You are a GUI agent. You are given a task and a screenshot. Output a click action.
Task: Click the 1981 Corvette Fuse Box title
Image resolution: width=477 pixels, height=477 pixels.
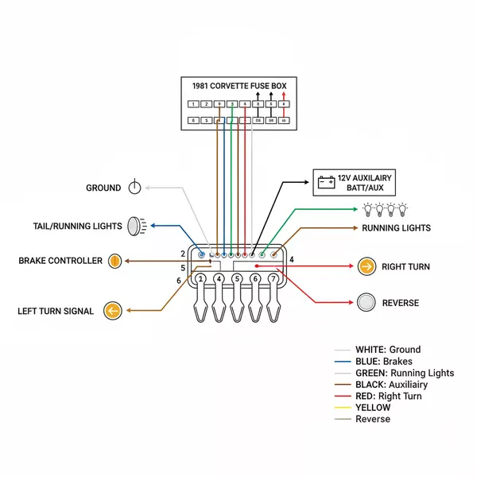(238, 85)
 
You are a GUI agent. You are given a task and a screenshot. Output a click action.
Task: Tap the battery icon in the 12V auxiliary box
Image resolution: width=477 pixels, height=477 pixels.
(326, 182)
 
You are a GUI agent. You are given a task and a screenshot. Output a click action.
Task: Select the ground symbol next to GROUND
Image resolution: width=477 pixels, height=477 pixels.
(135, 188)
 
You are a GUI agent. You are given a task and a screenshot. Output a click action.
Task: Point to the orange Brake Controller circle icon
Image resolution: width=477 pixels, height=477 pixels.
(115, 260)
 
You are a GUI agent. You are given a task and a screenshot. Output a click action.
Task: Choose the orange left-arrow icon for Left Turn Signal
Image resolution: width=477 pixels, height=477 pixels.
(112, 311)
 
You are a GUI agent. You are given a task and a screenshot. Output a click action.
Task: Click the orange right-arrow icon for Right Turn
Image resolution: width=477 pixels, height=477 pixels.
(366, 266)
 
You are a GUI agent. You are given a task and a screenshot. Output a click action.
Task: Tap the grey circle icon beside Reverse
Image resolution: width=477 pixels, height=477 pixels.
(366, 303)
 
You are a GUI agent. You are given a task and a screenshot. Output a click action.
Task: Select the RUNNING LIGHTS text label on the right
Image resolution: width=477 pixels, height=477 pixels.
(396, 228)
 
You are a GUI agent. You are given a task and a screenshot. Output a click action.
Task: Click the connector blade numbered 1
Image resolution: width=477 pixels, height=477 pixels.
(201, 279)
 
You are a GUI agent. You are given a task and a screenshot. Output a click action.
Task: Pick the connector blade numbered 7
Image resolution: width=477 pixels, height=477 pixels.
(274, 279)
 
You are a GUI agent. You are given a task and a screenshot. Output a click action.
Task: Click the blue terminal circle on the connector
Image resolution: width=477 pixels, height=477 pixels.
(201, 254)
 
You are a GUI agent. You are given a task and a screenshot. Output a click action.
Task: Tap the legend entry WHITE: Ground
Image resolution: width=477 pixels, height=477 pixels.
(387, 349)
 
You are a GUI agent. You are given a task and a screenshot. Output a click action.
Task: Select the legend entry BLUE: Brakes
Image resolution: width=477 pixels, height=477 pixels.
(383, 361)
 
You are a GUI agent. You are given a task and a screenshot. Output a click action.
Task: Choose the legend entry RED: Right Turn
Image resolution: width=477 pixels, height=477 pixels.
(388, 396)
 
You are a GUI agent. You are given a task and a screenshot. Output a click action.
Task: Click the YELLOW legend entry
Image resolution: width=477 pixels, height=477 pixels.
(373, 408)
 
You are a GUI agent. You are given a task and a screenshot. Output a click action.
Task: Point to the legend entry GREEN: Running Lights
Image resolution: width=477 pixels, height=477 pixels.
(404, 373)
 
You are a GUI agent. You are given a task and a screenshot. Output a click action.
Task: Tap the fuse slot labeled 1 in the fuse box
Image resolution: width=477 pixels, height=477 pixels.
(192, 104)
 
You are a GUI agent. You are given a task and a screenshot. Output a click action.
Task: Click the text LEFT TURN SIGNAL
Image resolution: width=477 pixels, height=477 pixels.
(56, 311)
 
